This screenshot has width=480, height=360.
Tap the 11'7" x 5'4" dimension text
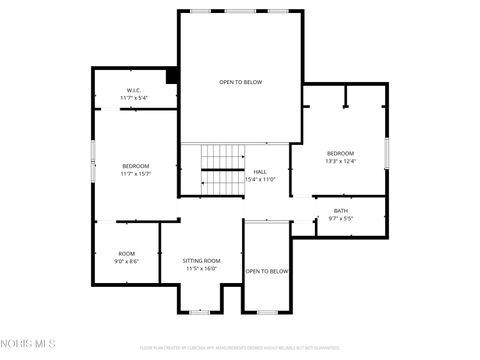(x=135, y=99)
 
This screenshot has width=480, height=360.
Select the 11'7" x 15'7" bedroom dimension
(x=136, y=174)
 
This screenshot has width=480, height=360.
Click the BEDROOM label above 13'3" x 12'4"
(x=340, y=153)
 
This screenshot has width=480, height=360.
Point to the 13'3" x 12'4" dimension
(x=340, y=161)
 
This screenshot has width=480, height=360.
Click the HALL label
(x=260, y=171)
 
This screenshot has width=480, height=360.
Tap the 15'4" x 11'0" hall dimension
(x=260, y=180)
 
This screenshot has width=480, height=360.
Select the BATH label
(x=341, y=211)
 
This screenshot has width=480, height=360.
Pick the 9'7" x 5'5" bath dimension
(x=341, y=219)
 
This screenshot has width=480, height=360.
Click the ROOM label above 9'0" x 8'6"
(x=126, y=253)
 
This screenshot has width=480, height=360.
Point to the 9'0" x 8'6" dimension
(x=126, y=261)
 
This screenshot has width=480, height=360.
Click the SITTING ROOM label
(x=201, y=260)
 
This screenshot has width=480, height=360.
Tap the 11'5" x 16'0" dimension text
(x=201, y=268)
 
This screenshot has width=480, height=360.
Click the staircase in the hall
(x=222, y=171)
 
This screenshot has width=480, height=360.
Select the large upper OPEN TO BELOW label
(x=241, y=82)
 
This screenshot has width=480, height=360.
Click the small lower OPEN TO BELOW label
(x=267, y=271)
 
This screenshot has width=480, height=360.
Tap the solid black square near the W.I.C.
(x=172, y=75)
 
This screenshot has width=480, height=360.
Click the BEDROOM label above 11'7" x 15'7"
(x=136, y=166)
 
